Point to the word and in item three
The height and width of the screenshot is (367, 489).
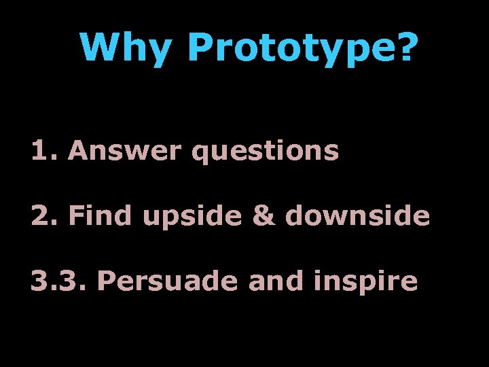pos(267,280)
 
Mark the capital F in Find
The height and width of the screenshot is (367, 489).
pos(75,215)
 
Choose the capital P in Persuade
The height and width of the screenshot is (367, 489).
pos(105,280)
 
